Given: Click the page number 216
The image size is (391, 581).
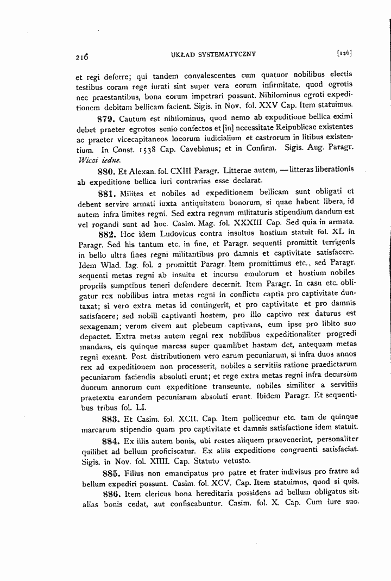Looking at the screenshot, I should (83, 55).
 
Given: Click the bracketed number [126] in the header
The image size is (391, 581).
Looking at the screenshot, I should (344, 53).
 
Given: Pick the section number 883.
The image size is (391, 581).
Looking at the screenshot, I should (111, 419).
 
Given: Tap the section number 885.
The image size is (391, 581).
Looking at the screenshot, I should (111, 471).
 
